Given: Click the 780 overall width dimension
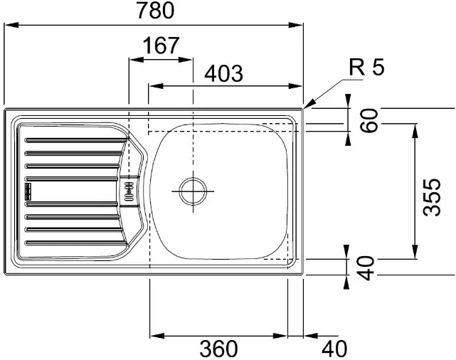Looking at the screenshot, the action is (x=156, y=11).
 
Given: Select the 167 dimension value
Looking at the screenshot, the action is (x=161, y=46).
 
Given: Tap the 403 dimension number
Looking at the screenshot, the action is (x=223, y=73).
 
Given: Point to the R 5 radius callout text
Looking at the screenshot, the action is (x=366, y=67).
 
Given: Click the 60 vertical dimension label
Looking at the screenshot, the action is (x=368, y=120).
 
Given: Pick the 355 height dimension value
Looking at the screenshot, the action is (x=432, y=197).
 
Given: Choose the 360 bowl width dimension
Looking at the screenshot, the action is (x=218, y=349).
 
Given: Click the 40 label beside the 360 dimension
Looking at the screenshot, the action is (x=334, y=349).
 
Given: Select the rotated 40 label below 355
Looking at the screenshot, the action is (x=365, y=268).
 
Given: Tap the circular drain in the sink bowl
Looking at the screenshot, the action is (x=193, y=191).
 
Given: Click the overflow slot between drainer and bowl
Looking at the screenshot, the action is (x=129, y=191).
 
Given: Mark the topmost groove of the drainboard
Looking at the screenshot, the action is (x=76, y=140).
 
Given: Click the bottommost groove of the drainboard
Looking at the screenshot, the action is (x=76, y=243).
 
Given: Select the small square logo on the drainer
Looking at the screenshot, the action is (x=28, y=191).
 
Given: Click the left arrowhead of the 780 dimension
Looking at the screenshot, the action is (x=11, y=25).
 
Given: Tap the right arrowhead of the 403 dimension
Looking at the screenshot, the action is (x=295, y=86).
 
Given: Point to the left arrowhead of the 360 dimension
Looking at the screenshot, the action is (x=157, y=336).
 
